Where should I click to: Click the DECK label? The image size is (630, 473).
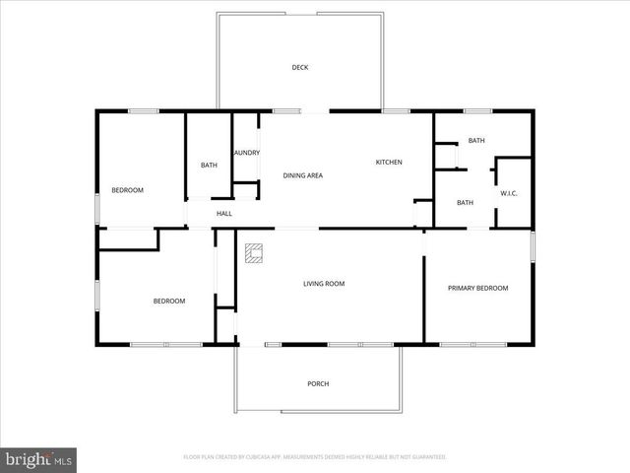pyautogui.click(x=300, y=68)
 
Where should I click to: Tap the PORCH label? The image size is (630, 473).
pyautogui.click(x=318, y=383)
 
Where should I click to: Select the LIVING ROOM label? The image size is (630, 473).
pyautogui.click(x=323, y=284)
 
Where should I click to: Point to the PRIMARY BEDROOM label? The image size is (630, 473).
pyautogui.click(x=477, y=288)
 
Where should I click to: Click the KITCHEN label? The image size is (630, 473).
pyautogui.click(x=389, y=162)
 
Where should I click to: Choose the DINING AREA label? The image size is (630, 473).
pyautogui.click(x=303, y=175)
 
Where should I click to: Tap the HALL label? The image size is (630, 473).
pyautogui.click(x=224, y=214)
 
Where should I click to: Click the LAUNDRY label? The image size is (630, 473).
pyautogui.click(x=246, y=153)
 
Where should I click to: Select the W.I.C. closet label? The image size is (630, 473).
pyautogui.click(x=509, y=193)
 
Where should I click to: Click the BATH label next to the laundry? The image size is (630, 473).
pyautogui.click(x=209, y=165)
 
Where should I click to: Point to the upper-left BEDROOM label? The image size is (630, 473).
pyautogui.click(x=127, y=190)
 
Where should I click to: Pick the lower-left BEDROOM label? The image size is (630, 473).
pyautogui.click(x=168, y=301)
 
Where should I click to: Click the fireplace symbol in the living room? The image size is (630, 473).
pyautogui.click(x=254, y=254)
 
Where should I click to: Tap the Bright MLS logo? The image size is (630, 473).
pyautogui.click(x=39, y=459)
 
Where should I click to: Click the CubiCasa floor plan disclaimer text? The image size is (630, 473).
pyautogui.click(x=315, y=457)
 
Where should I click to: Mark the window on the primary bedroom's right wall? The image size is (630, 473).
pyautogui.click(x=532, y=246)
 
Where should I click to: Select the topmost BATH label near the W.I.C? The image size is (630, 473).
pyautogui.click(x=476, y=141)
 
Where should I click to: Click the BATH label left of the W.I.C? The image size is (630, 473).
pyautogui.click(x=466, y=202)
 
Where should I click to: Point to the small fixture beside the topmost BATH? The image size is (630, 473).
pyautogui.click(x=448, y=158)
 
